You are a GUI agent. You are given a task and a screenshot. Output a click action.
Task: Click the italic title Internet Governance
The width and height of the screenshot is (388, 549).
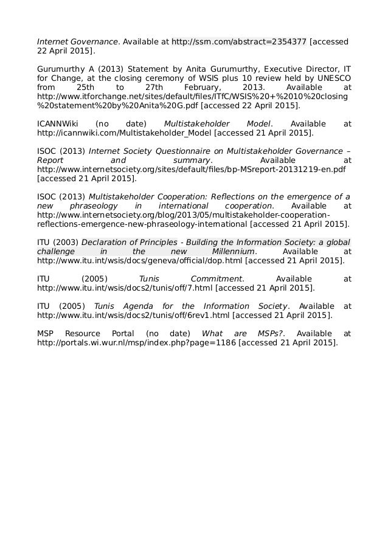coord(77,42)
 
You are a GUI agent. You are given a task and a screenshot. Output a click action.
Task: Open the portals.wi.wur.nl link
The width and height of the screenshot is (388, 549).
coord(137,343)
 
